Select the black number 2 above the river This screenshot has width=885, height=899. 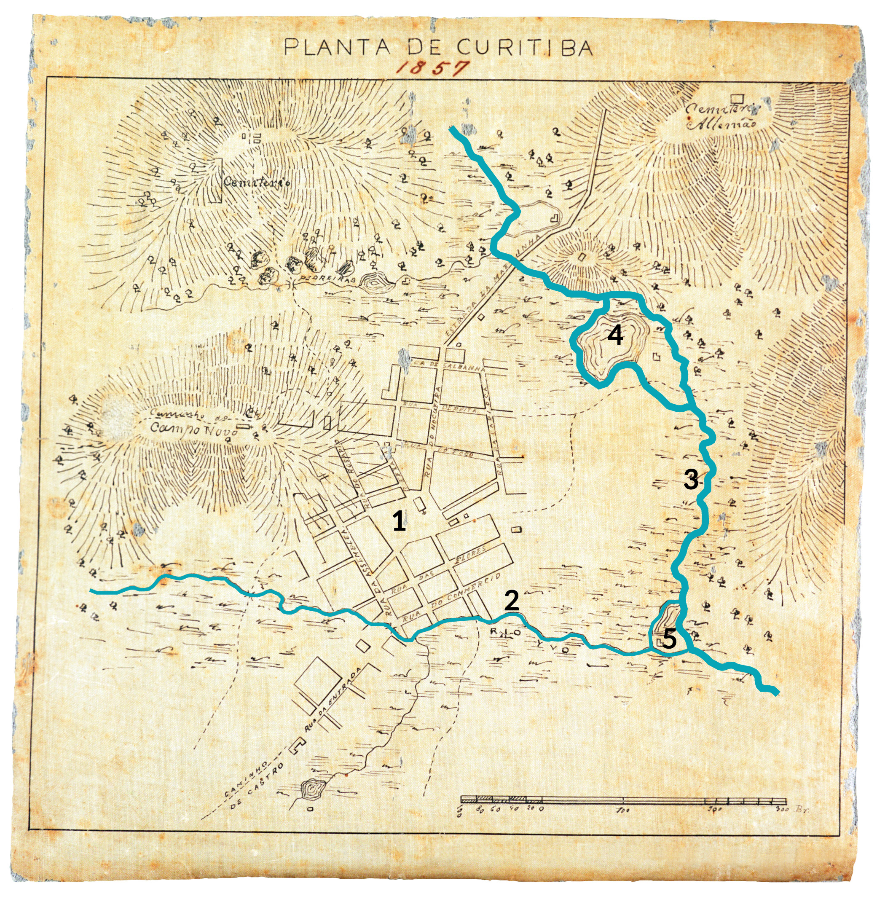click(x=511, y=601)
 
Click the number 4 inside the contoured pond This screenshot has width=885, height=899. click(x=615, y=335)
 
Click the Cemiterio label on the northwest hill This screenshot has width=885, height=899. click(x=256, y=182)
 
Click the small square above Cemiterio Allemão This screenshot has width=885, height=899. click(x=737, y=98)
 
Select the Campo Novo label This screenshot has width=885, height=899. click(x=194, y=429)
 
